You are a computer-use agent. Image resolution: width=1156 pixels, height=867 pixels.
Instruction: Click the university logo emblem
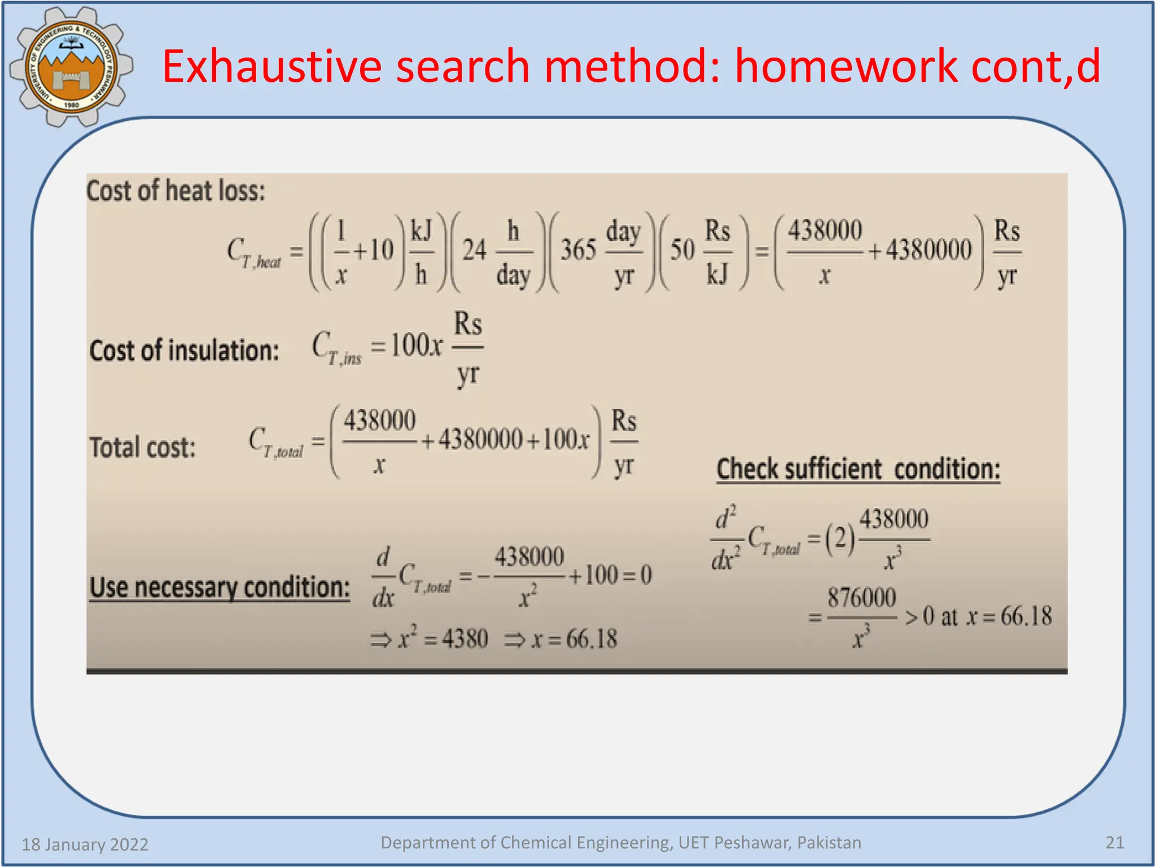point(71,67)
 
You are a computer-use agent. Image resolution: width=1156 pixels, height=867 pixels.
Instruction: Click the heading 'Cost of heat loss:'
point(176,191)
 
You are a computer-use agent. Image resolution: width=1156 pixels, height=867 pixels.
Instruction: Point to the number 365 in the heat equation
point(578,250)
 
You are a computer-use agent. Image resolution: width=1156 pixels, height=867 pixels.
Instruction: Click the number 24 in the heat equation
point(474,250)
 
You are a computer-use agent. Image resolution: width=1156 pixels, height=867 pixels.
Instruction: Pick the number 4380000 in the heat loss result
point(929,250)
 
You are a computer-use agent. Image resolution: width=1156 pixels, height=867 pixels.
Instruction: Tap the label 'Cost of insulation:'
point(184,351)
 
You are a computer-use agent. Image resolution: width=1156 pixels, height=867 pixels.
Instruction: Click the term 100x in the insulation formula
point(417,345)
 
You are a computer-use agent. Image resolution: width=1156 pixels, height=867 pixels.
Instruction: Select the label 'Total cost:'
point(143,448)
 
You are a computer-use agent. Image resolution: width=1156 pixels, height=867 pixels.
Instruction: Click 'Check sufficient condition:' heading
point(858,469)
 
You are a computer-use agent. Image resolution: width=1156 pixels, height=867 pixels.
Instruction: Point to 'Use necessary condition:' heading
point(220,587)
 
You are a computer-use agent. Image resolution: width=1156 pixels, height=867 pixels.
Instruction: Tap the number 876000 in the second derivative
point(861,598)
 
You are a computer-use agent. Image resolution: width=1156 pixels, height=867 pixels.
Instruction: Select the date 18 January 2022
point(85,844)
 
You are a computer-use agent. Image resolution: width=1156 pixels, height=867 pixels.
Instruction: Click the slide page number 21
point(1114,843)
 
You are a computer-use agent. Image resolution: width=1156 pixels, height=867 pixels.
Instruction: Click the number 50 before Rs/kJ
point(682,250)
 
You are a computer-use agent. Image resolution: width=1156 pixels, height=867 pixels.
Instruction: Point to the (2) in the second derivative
point(840,538)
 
